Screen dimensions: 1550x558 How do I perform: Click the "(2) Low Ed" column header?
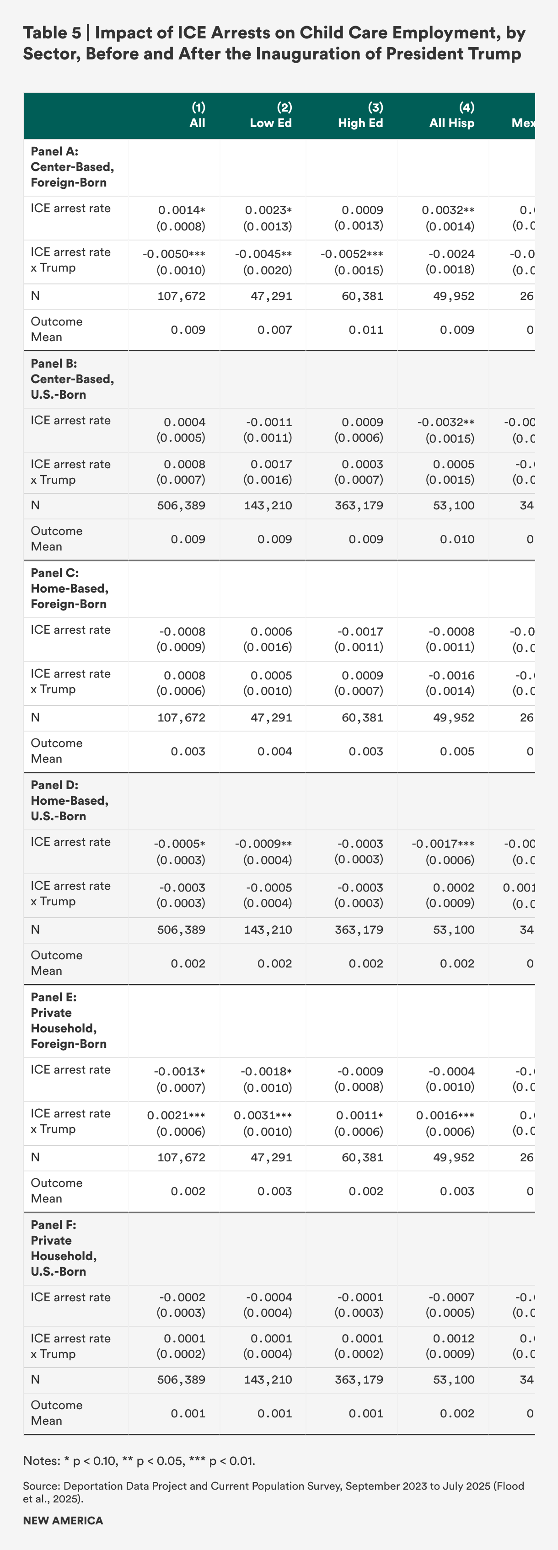pyautogui.click(x=271, y=116)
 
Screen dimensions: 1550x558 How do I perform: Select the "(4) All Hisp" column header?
pyautogui.click(x=451, y=116)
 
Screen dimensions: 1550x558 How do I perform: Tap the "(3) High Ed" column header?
pyautogui.click(x=360, y=116)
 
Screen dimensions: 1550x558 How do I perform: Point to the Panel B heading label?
pyautogui.click(x=72, y=379)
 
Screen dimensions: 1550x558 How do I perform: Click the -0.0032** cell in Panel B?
pyautogui.click(x=445, y=422)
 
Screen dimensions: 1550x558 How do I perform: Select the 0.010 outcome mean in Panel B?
pyautogui.click(x=457, y=540)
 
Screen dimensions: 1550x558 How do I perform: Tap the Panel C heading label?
pyautogui.click(x=69, y=588)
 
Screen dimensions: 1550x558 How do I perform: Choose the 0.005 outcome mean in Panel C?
pyautogui.click(x=457, y=752)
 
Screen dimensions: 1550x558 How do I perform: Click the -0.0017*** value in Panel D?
pyautogui.click(x=443, y=844)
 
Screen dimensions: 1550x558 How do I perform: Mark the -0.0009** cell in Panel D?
pyautogui.click(x=263, y=844)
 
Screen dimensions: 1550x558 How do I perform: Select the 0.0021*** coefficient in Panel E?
pyautogui.click(x=177, y=1116)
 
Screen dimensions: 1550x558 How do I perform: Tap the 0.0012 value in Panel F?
pyautogui.click(x=457, y=1339)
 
